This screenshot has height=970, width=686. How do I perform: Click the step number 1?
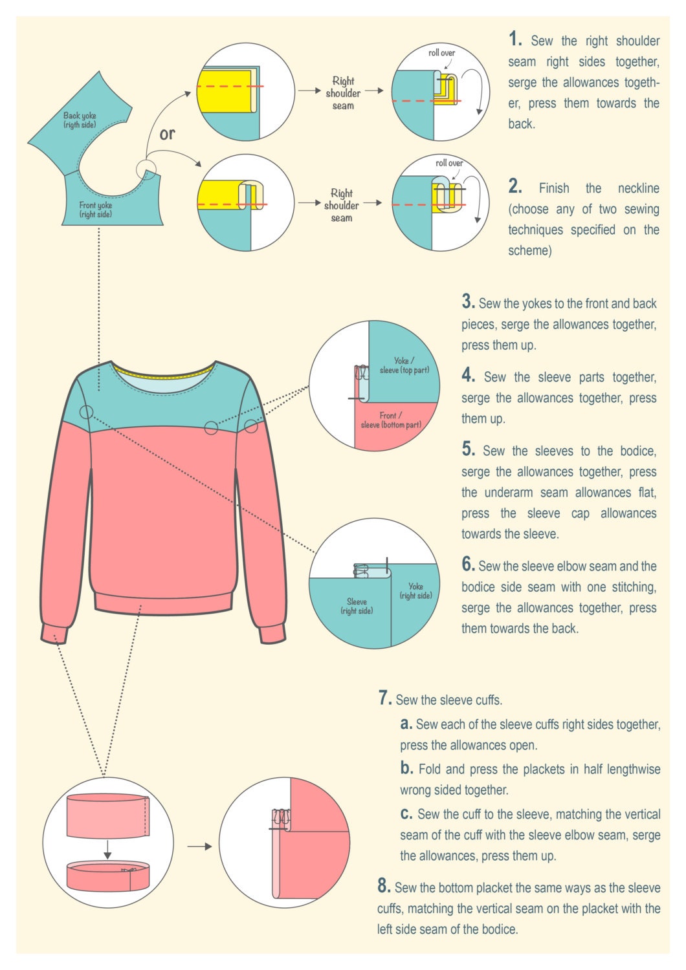(x=515, y=39)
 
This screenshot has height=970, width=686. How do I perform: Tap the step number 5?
(x=469, y=449)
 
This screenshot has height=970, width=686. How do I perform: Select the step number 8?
(x=384, y=886)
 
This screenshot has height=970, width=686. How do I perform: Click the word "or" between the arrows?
(x=167, y=134)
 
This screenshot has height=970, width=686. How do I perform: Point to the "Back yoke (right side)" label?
(x=80, y=120)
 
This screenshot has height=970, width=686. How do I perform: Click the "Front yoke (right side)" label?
(x=96, y=210)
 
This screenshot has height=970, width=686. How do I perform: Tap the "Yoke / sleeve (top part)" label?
(x=404, y=365)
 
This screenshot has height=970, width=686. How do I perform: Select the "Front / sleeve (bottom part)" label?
(x=391, y=420)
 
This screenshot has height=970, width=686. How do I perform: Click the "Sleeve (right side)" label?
(x=357, y=606)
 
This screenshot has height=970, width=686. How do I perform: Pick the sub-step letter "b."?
(x=406, y=768)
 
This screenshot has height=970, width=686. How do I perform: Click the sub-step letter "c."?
(x=406, y=814)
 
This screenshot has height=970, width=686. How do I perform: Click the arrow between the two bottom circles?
(x=199, y=846)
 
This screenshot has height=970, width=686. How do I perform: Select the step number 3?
(x=468, y=302)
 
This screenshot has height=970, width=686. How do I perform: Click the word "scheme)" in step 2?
(x=529, y=251)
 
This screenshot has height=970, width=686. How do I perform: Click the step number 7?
(x=385, y=698)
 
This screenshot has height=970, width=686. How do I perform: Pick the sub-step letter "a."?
(x=406, y=724)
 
